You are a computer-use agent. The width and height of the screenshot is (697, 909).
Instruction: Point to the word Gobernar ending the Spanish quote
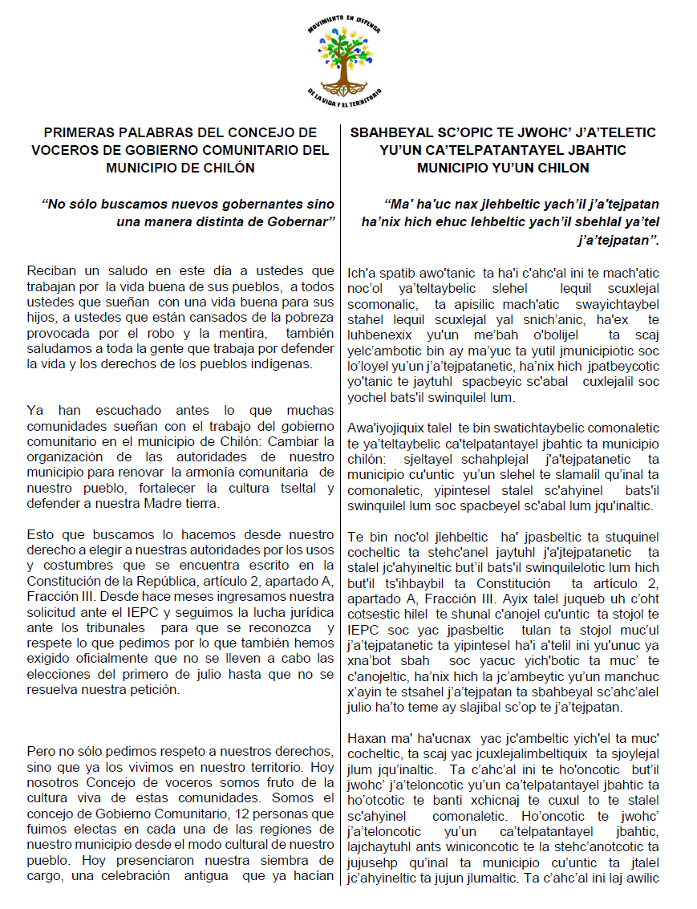(298, 221)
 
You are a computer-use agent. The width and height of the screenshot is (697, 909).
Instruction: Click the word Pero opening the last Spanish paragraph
(41, 751)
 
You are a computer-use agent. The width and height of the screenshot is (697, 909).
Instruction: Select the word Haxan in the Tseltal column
(367, 739)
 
